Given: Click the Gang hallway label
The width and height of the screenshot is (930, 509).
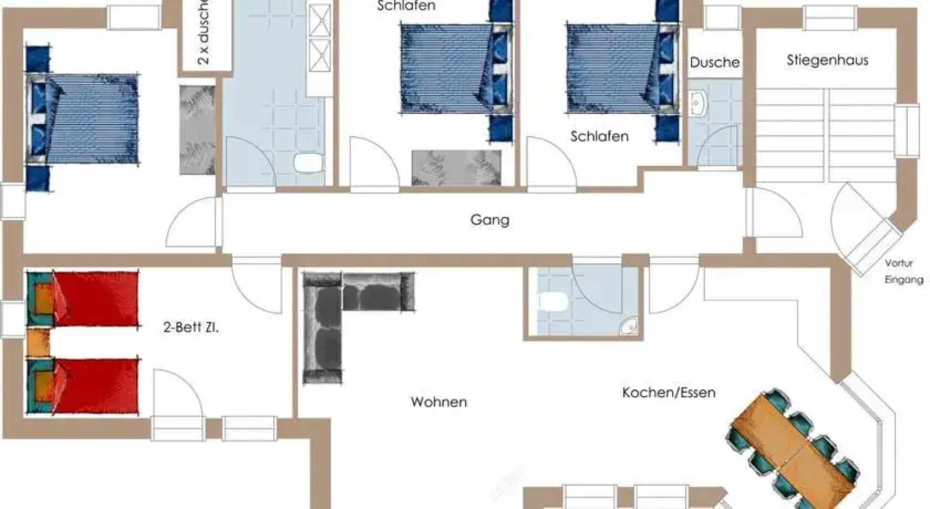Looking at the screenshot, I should [490, 220].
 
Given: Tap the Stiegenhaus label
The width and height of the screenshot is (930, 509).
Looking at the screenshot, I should [827, 60].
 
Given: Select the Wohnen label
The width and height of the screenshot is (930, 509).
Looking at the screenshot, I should [439, 402].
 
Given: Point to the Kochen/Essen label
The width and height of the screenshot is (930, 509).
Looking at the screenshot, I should [668, 393].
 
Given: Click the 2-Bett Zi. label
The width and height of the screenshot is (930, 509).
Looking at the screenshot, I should [191, 327].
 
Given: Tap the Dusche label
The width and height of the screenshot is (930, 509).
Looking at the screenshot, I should [714, 62].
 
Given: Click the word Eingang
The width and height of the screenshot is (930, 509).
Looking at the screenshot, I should [904, 279].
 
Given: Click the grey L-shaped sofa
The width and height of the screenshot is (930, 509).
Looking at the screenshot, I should [330, 311].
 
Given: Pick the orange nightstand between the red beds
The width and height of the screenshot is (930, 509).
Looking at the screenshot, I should [38, 343].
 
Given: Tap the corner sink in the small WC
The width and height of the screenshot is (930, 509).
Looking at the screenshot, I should [628, 327].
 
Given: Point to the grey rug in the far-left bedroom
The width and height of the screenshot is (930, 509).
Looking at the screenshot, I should [197, 130].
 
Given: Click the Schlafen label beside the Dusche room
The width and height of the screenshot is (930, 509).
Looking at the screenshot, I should [599, 137].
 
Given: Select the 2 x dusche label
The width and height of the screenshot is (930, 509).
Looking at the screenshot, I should [203, 33].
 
